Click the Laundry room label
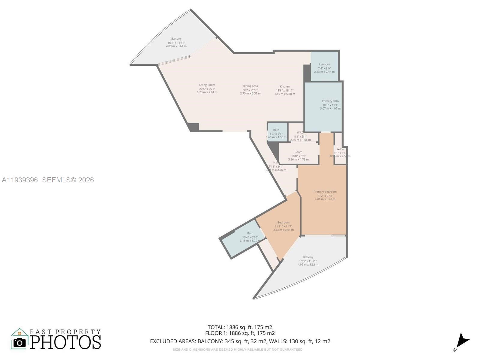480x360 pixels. coord(324,64)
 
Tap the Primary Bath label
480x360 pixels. coord(330,101)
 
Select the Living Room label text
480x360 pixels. coord(207,85)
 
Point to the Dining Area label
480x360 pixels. coord(250,86)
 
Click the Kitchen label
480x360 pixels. coord(285,86)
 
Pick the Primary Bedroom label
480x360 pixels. coord(325,192)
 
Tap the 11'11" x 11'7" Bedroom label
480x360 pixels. coord(283,223)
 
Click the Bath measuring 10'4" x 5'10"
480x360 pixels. coord(250,233)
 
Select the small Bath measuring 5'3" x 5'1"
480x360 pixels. coord(276,130)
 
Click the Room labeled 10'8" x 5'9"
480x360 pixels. coord(298,152)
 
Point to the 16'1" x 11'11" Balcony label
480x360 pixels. coord(176,39)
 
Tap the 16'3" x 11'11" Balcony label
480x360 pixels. coord(308,257)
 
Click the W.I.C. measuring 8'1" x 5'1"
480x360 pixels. coord(300,133)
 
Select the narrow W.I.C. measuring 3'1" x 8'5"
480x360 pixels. coord(340,149)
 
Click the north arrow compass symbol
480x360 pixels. coord(462,341)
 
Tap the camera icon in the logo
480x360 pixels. coord(20,342)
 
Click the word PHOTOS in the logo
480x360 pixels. coord(65,342)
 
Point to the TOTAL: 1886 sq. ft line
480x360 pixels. coord(240,327)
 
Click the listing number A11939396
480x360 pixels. coord(20,180)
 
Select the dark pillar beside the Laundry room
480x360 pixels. coord(307,73)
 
